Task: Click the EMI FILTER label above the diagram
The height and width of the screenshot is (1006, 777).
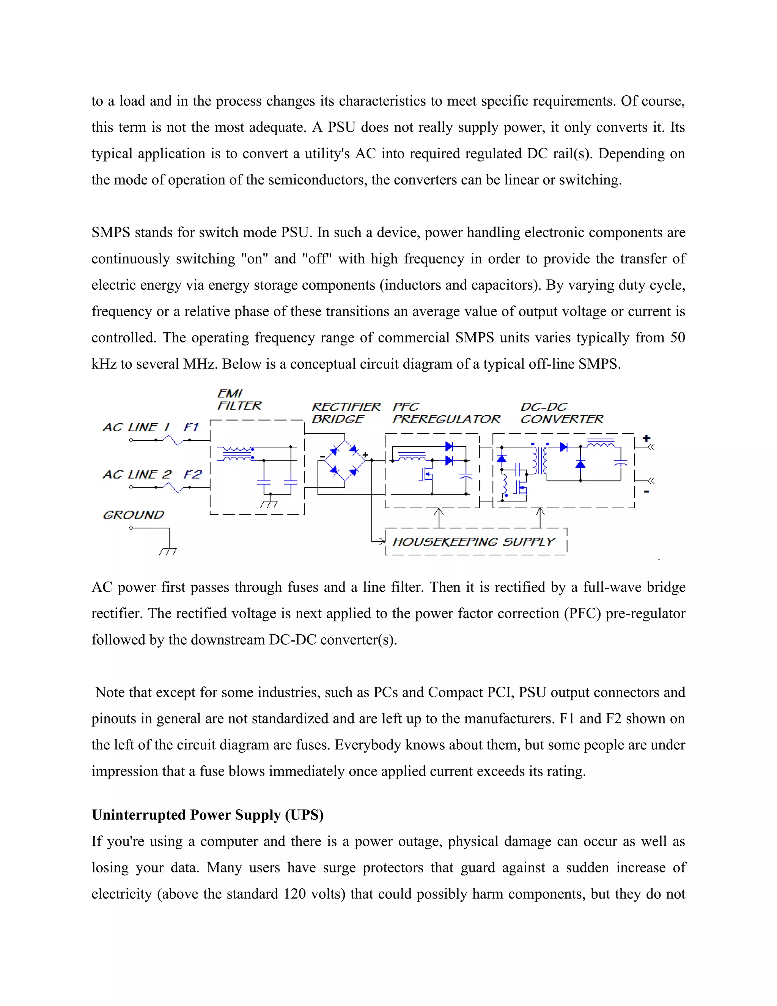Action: point(239,399)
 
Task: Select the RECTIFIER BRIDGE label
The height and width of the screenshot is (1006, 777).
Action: point(346,413)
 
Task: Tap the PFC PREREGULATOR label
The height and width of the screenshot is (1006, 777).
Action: point(445,413)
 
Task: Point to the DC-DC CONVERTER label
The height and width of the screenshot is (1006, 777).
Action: point(561,413)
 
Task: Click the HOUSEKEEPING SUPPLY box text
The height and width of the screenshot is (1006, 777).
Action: point(473,542)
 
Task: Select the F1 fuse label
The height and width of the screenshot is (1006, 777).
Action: point(191,427)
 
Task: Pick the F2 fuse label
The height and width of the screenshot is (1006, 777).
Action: point(192,475)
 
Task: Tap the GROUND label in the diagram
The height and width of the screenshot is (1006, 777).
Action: point(134,514)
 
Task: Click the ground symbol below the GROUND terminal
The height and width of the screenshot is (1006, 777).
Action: point(168,550)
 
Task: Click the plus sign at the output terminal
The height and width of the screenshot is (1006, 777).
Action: point(646,438)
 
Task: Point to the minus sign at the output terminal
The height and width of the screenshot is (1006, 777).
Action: point(646,492)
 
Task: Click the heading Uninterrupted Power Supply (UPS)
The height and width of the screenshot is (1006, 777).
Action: point(208,815)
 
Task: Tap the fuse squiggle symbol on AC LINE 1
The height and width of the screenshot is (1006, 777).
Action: point(174,440)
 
